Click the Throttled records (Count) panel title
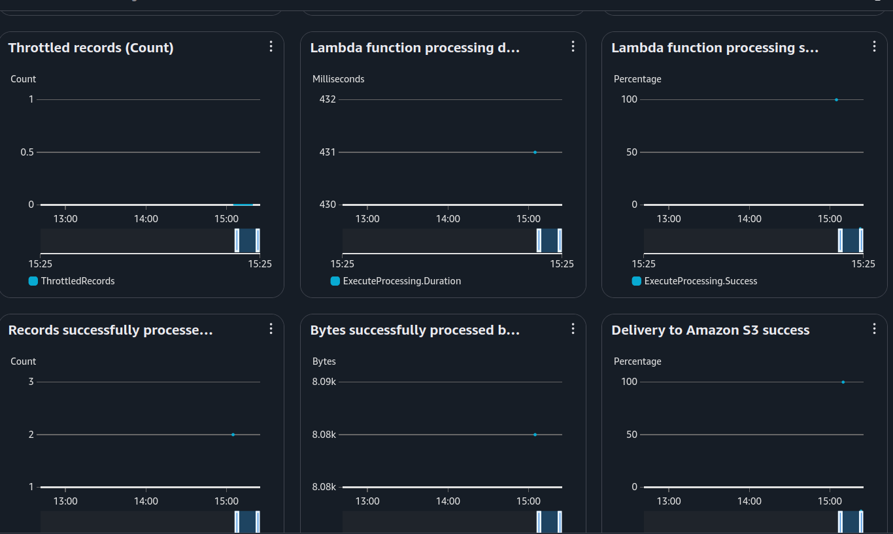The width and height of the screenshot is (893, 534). pos(91,48)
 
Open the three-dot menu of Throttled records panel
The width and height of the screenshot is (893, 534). pos(271,46)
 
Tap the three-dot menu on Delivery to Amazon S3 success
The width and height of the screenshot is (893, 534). pos(874,329)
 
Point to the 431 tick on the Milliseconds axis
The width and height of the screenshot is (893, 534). pos(328,152)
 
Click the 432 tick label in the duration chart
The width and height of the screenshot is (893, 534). pos(328,99)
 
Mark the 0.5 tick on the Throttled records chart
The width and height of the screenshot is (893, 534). pos(26,152)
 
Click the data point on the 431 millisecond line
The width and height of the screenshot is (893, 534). pos(535,152)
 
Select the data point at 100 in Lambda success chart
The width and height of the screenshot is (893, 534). pos(836,99)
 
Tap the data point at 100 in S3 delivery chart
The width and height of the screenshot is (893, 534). pos(843,382)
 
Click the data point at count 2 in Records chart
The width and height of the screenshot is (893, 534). pos(233,435)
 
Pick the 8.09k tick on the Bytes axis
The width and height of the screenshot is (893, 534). pos(324,382)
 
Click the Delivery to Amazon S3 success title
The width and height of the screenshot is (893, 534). pos(711,330)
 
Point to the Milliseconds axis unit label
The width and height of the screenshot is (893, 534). pos(338,79)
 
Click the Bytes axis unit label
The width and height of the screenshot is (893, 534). pos(324,361)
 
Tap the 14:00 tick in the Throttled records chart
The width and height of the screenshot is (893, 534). pos(146,219)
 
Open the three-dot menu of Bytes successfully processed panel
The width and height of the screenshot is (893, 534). pos(573,329)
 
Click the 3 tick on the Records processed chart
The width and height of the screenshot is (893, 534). pos(31,382)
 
